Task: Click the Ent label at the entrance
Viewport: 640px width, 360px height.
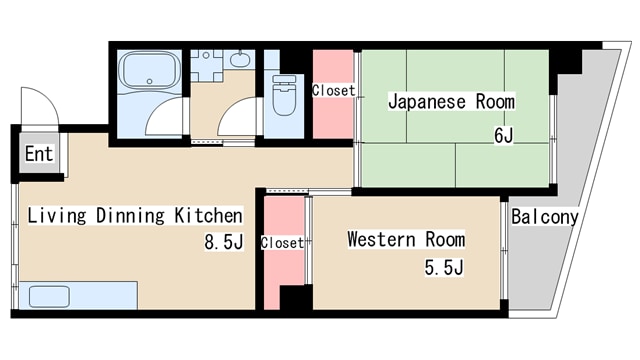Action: (39, 154)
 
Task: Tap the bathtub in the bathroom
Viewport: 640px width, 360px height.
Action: (150, 74)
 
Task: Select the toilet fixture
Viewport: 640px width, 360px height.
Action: (284, 96)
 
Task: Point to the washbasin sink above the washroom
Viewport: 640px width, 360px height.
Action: (240, 60)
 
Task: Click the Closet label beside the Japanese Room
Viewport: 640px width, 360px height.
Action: (333, 91)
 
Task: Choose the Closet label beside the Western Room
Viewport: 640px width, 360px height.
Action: (282, 243)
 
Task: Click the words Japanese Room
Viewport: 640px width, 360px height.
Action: (451, 102)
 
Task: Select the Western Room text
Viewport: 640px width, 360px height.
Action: (405, 240)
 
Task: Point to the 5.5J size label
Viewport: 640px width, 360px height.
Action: (444, 267)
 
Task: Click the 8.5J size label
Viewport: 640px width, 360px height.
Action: (224, 241)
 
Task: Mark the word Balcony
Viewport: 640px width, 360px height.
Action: (544, 217)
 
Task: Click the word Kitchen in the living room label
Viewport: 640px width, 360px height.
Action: (208, 215)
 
